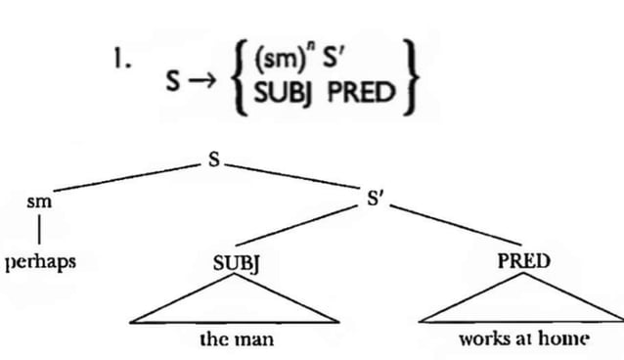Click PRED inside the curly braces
pos(361,93)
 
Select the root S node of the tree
pos(209,158)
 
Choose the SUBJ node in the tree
pos(234,262)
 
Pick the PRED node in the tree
pos(523,261)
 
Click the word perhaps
pos(40,262)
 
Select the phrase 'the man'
pos(236,339)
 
